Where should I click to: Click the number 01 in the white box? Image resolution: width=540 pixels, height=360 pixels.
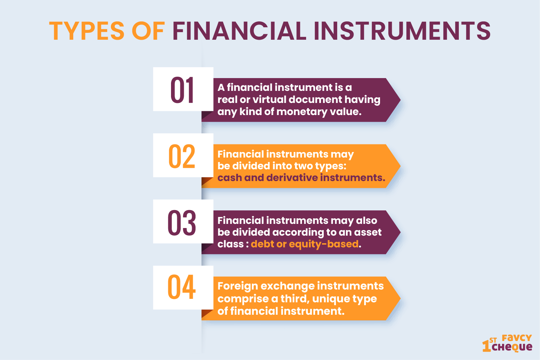182,90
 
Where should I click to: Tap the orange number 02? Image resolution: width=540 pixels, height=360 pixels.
182,156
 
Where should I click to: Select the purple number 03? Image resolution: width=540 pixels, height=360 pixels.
182,222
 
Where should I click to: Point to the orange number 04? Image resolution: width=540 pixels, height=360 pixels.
181,287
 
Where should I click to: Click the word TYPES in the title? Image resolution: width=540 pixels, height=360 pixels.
87,31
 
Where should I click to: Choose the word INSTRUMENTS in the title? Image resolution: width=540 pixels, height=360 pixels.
402,31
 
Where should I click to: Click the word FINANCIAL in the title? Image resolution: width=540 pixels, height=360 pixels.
239,31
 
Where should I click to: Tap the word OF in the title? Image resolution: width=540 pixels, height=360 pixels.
148,31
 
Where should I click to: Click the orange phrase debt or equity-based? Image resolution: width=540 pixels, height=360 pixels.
305,244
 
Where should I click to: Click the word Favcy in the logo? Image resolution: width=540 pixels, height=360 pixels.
517,338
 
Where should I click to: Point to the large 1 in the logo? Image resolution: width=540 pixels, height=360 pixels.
486,346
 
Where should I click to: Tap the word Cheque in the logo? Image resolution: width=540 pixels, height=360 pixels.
512,347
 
